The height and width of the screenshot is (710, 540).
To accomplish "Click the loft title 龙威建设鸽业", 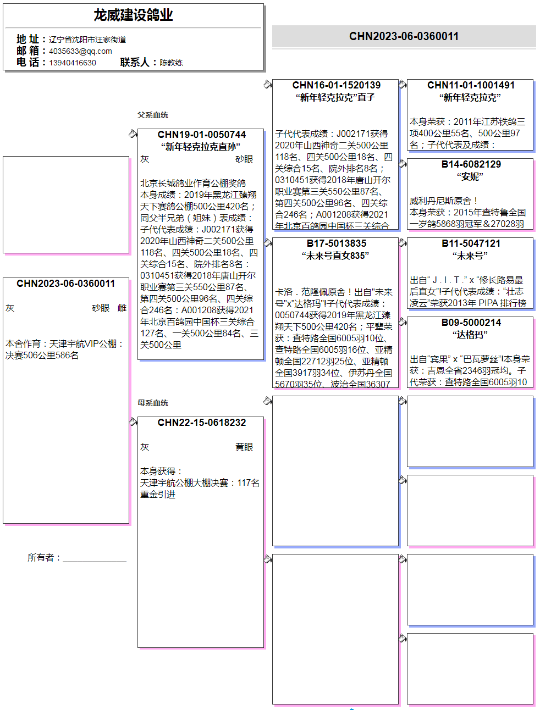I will [133, 15].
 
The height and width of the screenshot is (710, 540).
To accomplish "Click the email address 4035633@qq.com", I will [80, 51].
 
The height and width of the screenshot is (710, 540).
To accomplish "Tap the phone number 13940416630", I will [73, 63].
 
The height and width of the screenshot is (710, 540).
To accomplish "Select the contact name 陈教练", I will [171, 63].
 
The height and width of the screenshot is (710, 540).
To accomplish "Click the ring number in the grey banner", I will [404, 36].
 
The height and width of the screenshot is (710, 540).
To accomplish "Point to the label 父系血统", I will [153, 115].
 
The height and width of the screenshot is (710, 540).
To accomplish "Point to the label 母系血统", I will [153, 403].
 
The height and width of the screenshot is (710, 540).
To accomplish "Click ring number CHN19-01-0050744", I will [201, 135].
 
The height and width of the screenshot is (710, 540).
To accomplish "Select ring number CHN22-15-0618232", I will [201, 423].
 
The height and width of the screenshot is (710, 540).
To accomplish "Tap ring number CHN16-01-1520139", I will [336, 85].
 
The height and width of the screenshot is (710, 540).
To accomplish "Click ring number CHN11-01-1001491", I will [471, 85].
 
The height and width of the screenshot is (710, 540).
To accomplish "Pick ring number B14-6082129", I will [471, 164].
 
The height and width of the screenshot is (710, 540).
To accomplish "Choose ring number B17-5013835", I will [336, 243].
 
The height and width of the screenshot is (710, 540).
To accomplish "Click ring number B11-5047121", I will [471, 243].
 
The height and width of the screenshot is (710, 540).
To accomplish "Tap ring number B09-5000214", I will [471, 323].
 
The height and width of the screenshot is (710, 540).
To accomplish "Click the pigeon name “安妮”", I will [470, 176].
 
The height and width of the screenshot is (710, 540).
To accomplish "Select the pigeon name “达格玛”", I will [470, 335].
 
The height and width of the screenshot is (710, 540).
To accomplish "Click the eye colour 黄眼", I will [244, 447].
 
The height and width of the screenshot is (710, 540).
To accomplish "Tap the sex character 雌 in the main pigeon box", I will [122, 308].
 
